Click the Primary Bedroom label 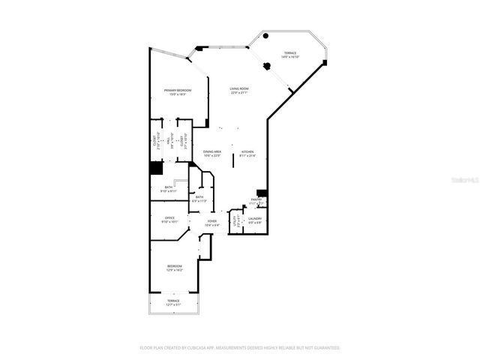click(x=176, y=92)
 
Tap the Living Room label click(x=239, y=91)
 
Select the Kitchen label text click(x=247, y=154)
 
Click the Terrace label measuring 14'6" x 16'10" click(x=290, y=55)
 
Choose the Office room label click(x=170, y=220)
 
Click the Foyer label click(x=212, y=223)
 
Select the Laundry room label click(x=255, y=220)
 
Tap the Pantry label click(x=256, y=202)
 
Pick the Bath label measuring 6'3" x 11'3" click(x=199, y=199)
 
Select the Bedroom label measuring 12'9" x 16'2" click(x=174, y=268)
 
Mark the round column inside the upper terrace click(x=266, y=65)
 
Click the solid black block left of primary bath click(x=156, y=169)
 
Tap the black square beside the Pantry click(x=262, y=193)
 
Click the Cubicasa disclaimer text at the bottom click(x=240, y=348)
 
